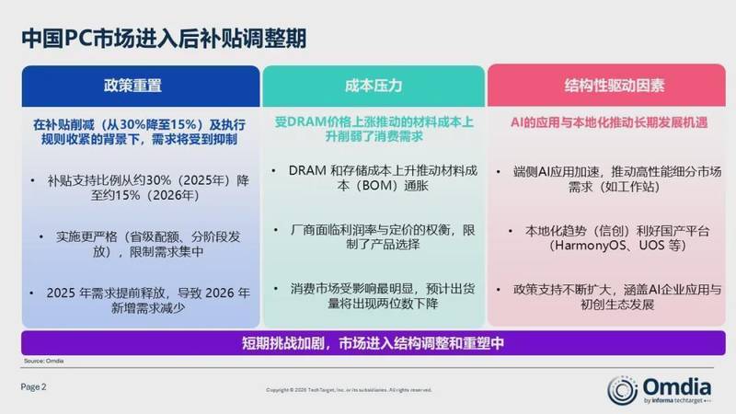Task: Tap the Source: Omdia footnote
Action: (x=43, y=361)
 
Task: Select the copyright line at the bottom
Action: (x=349, y=390)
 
